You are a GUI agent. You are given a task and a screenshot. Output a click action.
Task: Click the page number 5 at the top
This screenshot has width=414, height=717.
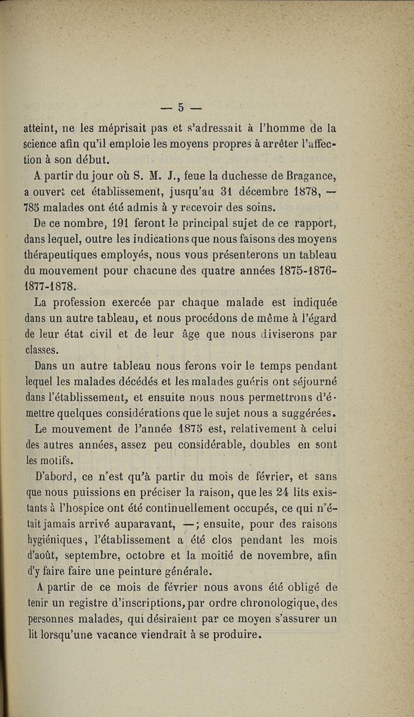coord(181,108)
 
